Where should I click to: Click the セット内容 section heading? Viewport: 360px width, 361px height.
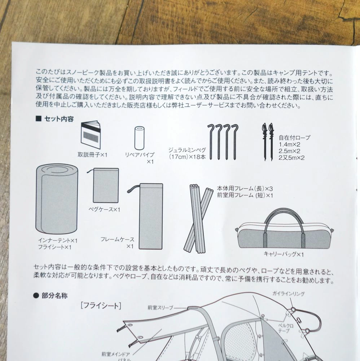coord(55,119)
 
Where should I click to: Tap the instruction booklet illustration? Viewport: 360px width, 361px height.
coord(91,135)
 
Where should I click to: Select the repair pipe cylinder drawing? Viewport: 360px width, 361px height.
coord(139,138)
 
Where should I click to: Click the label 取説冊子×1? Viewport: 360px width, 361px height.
coord(92,155)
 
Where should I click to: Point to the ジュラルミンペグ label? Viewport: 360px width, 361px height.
coord(187,150)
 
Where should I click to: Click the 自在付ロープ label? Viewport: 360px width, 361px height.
coord(294,138)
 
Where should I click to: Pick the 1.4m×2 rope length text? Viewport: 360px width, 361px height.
coord(289,144)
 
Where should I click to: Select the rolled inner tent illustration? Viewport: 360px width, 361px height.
coord(57,199)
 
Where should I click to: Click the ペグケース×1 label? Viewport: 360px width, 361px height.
coord(105,209)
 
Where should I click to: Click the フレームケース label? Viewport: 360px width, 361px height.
coord(117,239)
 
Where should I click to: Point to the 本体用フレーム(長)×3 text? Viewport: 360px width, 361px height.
coord(245,188)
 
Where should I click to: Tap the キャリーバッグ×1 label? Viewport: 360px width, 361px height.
coord(284,254)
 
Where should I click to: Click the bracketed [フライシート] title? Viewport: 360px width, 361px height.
coord(101,305)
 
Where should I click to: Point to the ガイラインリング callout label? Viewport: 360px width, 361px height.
coord(289,293)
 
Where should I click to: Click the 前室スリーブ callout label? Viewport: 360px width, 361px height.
coord(160,307)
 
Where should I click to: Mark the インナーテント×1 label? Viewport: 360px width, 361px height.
coord(58,240)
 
